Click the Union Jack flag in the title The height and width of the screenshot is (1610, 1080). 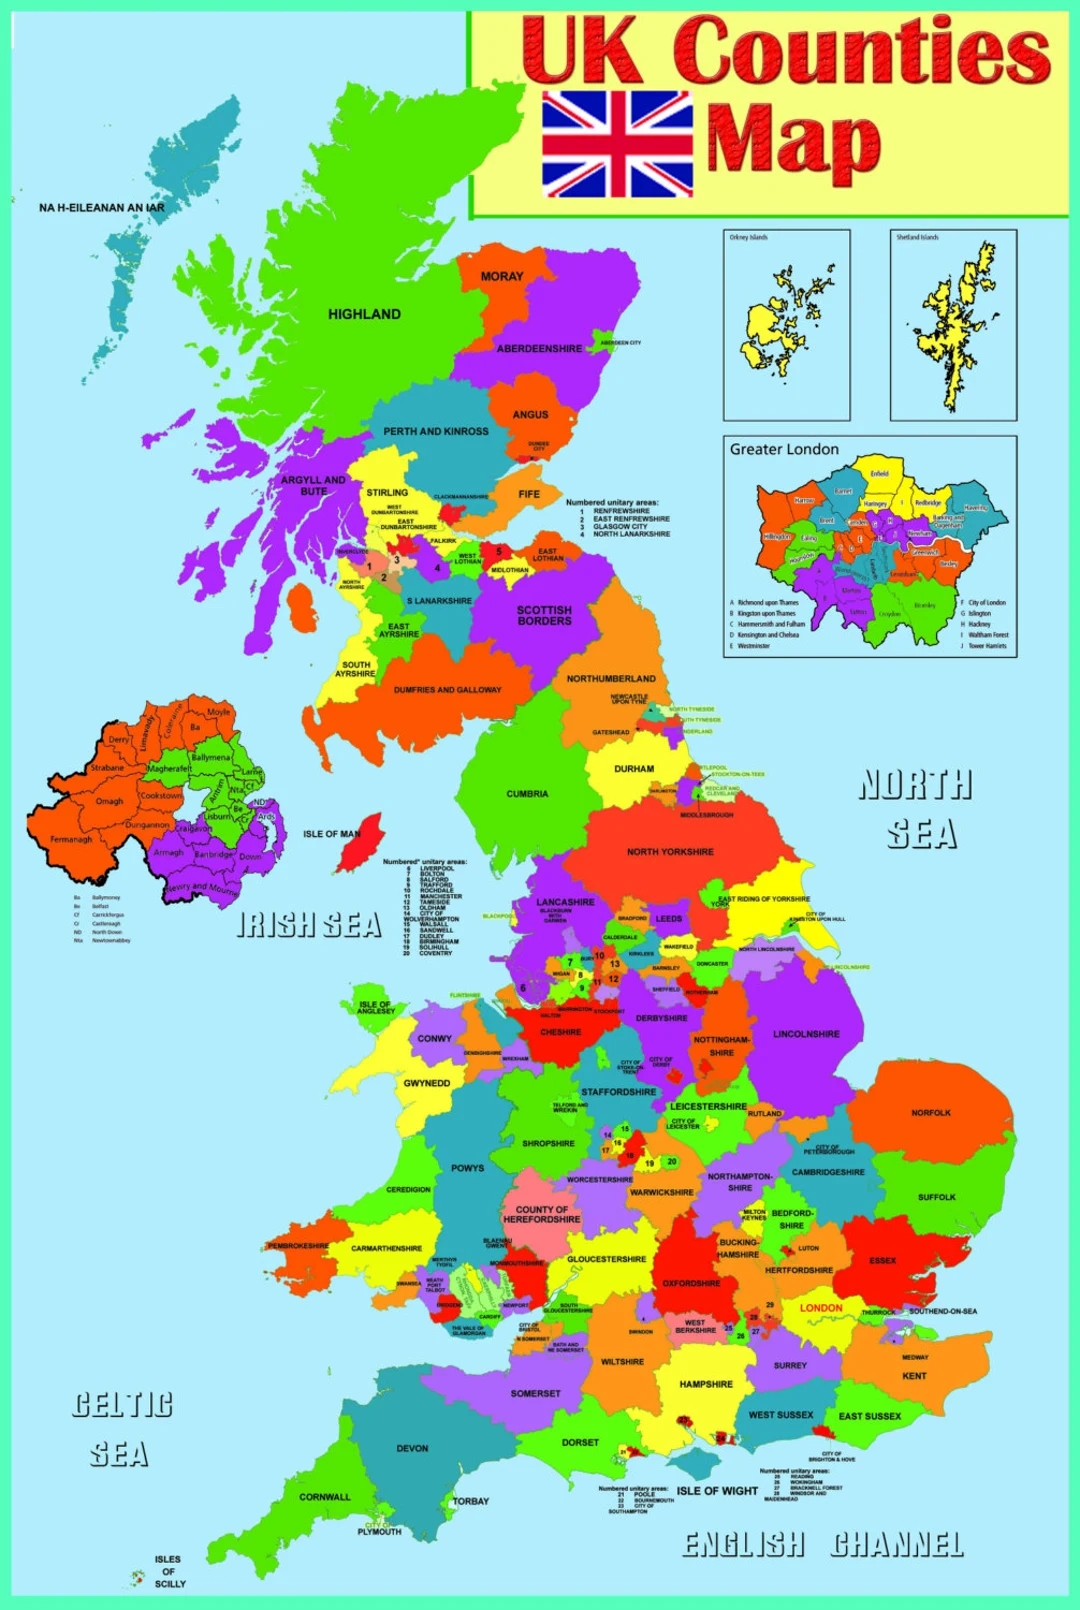pos(617,144)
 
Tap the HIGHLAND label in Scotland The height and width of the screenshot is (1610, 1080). pos(364,314)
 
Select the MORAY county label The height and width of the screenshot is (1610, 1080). pos(502,277)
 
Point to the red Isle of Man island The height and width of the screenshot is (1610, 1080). pos(361,842)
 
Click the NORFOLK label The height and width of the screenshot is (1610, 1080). pos(931,1113)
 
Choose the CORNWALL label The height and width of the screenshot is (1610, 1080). pos(325,1497)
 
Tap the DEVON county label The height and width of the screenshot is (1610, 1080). pos(412,1448)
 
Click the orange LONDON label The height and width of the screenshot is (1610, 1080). pos(821,1308)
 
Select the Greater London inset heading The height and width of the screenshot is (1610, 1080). pos(784,450)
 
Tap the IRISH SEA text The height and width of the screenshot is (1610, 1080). pos(309,926)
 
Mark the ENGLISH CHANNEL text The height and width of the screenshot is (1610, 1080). pos(823,1545)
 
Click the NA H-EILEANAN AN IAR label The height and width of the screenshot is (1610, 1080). pos(102,208)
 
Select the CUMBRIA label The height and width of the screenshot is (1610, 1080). pos(527,794)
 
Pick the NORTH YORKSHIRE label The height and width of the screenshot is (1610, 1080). pos(670,852)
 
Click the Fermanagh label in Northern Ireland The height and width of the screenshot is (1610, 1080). pos(71,839)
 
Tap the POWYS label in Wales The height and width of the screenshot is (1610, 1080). pos(467,1168)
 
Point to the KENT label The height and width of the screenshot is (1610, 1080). pos(914,1376)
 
